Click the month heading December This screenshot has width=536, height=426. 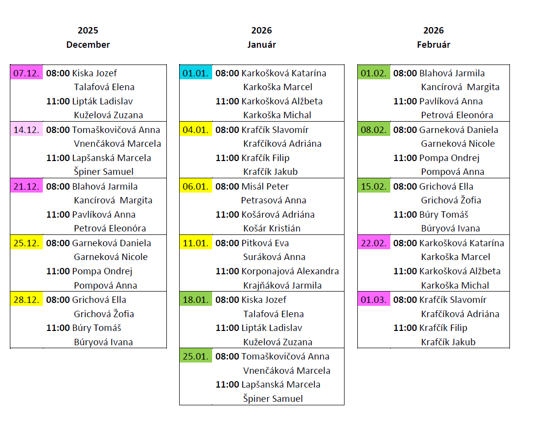(x=88, y=45)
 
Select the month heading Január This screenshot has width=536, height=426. (x=261, y=45)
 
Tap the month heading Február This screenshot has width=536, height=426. (x=433, y=45)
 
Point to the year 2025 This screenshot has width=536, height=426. (x=88, y=31)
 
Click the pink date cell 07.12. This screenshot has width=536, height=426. (x=27, y=73)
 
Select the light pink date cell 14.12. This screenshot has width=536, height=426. (x=27, y=130)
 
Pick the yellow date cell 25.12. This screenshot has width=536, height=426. (x=27, y=243)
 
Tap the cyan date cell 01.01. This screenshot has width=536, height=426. (x=196, y=73)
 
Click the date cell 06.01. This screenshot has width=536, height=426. (x=196, y=186)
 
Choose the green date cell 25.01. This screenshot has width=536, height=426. (x=196, y=356)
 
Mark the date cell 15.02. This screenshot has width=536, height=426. (x=374, y=186)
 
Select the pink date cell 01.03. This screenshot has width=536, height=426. (x=374, y=299)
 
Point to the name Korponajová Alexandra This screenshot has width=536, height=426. (x=290, y=271)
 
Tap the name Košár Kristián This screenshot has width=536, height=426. (x=272, y=229)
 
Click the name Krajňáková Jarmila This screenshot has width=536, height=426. (x=283, y=286)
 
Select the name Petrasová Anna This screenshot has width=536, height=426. (x=274, y=200)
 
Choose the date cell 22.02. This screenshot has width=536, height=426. (x=374, y=243)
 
